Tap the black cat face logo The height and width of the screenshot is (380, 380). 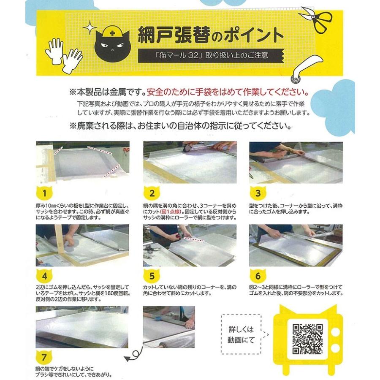click(112, 46)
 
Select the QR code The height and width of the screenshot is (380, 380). click(307, 339)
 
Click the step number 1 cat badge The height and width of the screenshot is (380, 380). click(44, 193)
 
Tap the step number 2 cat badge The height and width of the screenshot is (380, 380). click(152, 193)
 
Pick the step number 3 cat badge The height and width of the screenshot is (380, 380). click(258, 193)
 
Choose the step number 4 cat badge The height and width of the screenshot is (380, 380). click(44, 276)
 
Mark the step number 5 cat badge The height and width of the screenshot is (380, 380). click(152, 276)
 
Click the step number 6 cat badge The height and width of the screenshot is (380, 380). click(258, 276)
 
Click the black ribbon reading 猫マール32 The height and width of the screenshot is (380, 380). click(211, 55)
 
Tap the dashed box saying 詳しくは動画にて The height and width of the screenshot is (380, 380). click(241, 334)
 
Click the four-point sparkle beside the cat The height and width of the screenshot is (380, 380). click(90, 27)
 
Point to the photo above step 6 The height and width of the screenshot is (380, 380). click(296, 245)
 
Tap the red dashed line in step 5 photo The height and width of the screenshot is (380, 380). click(194, 239)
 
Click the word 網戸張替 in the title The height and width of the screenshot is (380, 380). click(174, 35)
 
